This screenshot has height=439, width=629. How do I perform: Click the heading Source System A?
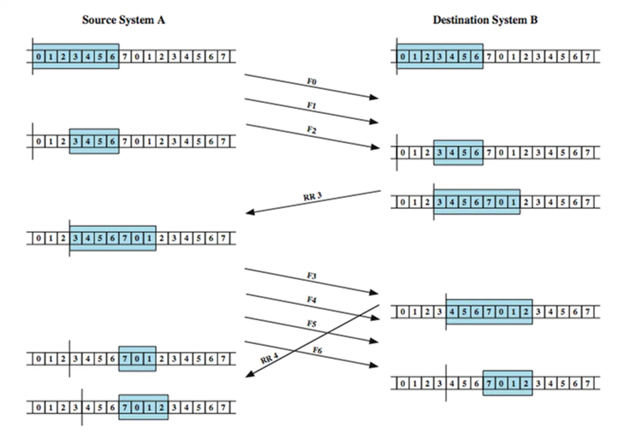[123, 21]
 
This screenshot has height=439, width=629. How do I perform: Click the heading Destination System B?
[485, 21]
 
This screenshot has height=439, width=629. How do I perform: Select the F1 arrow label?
[311, 105]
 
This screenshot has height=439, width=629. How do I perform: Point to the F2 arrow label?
[311, 131]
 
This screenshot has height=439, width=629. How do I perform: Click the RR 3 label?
[312, 196]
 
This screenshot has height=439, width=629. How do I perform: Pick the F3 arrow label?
[311, 276]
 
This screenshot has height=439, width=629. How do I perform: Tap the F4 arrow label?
[311, 299]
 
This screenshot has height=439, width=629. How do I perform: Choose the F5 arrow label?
[311, 323]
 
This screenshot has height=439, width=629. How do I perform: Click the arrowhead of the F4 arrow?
[375, 319]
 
